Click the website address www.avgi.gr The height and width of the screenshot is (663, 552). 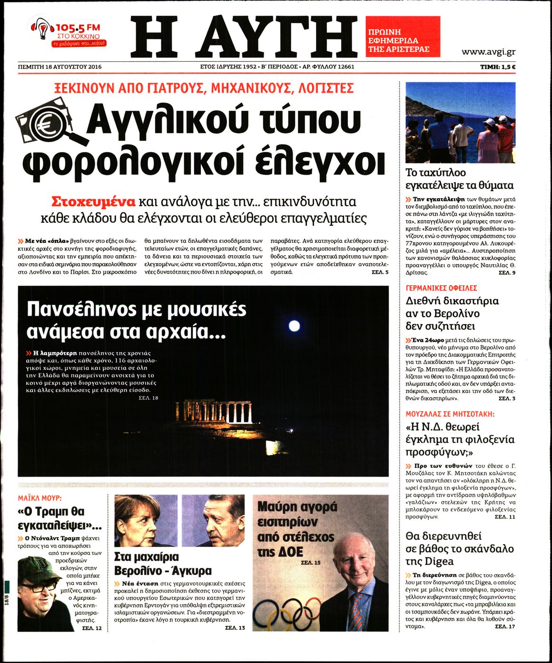click(x=488, y=52)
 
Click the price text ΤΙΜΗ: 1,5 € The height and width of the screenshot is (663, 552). click(x=498, y=67)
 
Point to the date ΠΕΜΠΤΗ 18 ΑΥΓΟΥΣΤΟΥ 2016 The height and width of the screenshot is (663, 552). click(x=59, y=67)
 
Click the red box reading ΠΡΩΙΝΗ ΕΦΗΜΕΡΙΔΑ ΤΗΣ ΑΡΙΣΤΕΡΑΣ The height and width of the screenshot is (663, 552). click(x=403, y=36)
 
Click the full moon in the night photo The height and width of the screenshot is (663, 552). click(x=295, y=326)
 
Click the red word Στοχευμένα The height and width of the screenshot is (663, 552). click(x=93, y=201)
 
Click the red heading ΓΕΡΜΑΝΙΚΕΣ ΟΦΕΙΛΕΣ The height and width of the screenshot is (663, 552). click(x=441, y=288)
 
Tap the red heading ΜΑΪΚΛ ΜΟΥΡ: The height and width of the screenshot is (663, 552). click(x=40, y=499)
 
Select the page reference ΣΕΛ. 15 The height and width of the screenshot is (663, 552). click(x=311, y=563)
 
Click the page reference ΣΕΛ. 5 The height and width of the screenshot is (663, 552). click(x=380, y=272)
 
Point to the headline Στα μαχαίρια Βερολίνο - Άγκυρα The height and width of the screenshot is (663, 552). click(x=163, y=563)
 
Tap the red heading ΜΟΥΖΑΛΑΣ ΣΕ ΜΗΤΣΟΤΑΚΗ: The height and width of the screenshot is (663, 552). click(x=450, y=414)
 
